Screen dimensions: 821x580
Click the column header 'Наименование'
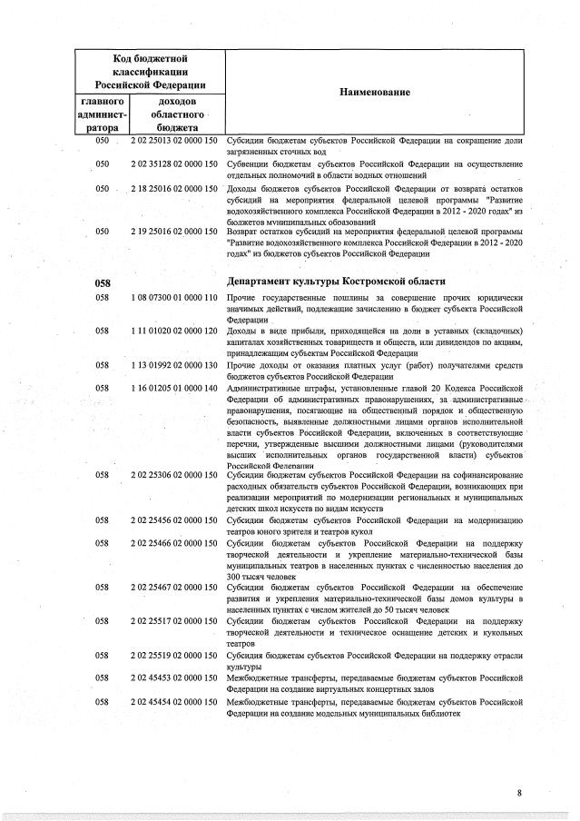pyautogui.click(x=375, y=94)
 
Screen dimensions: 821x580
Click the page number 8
pyautogui.click(x=520, y=793)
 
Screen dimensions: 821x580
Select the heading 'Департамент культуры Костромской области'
pyautogui.click(x=337, y=282)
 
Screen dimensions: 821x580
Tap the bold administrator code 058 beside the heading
pyautogui.click(x=103, y=282)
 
